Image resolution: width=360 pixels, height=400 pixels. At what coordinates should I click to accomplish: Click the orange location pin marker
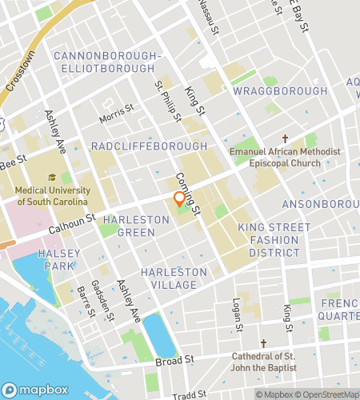180,200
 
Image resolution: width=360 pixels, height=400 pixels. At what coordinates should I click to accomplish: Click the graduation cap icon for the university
52,178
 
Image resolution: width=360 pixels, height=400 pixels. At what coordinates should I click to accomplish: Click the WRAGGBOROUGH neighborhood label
280,91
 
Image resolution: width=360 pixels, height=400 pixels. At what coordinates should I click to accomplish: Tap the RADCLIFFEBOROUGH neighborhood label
149,146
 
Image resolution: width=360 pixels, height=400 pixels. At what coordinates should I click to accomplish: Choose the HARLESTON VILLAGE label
174,278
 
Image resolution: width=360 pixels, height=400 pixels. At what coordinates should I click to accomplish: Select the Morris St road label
117,113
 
